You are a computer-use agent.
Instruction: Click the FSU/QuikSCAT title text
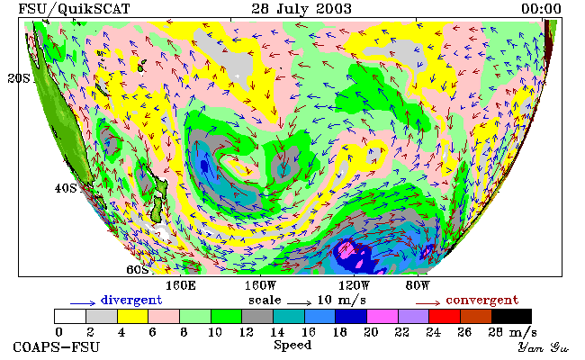74,9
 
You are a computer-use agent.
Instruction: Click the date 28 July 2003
301,8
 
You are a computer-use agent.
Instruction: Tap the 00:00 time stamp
541,8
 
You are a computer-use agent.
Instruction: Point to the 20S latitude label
19,78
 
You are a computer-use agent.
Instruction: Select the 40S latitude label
66,188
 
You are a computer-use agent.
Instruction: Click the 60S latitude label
138,269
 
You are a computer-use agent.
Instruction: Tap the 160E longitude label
181,286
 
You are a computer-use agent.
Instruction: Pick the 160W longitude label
260,286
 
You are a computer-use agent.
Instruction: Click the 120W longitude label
354,286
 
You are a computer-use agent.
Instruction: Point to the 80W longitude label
418,286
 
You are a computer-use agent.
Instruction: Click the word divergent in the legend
131,300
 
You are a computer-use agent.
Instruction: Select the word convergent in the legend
482,300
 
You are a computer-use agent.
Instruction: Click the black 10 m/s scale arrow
299,303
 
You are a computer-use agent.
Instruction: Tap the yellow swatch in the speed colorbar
133,316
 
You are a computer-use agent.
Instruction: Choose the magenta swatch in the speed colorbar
382,316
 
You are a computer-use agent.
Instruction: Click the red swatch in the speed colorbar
445,316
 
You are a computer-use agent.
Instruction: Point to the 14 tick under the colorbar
277,332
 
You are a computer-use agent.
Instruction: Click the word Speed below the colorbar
292,345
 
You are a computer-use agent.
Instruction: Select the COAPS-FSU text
57,346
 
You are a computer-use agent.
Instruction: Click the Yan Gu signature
544,347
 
